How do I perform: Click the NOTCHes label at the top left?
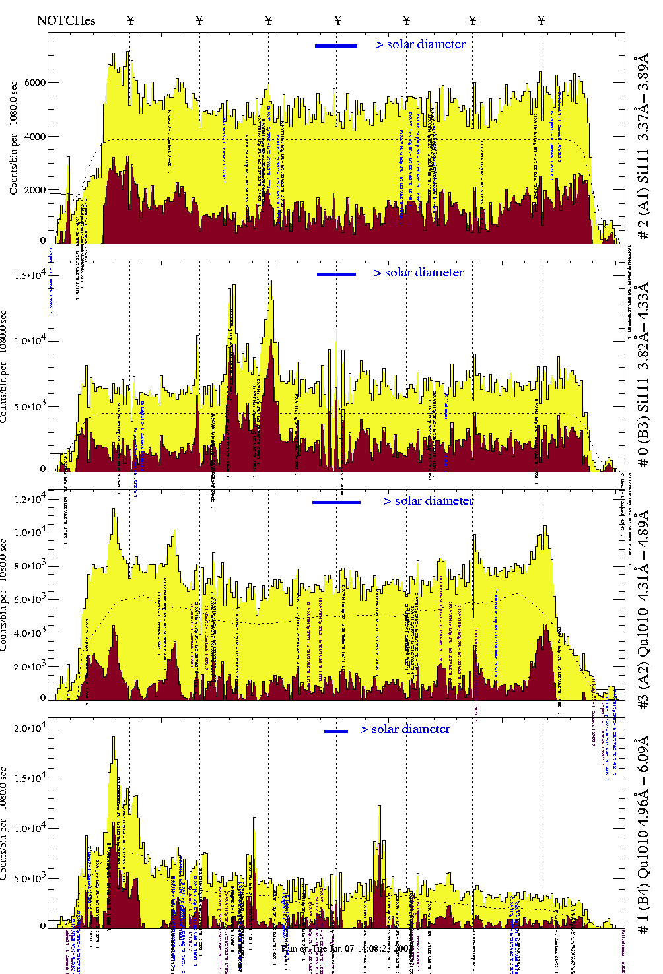tap(66, 20)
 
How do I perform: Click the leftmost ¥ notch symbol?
tap(130, 20)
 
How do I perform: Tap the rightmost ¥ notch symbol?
tap(541, 20)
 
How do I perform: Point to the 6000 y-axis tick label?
tap(35, 82)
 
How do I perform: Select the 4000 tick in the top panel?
tap(35, 137)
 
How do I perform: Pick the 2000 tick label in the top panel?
tap(35, 190)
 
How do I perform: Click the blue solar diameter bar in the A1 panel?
tap(336, 46)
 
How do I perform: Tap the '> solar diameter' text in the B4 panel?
tap(405, 729)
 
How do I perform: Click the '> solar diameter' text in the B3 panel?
tap(418, 273)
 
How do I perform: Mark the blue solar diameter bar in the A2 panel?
tap(336, 502)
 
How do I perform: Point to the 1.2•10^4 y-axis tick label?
tap(30, 499)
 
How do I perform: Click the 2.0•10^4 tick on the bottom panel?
tap(30, 729)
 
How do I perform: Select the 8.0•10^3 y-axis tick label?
tap(30, 566)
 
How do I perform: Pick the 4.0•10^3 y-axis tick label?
tap(30, 633)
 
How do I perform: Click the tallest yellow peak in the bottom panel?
tap(114, 739)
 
